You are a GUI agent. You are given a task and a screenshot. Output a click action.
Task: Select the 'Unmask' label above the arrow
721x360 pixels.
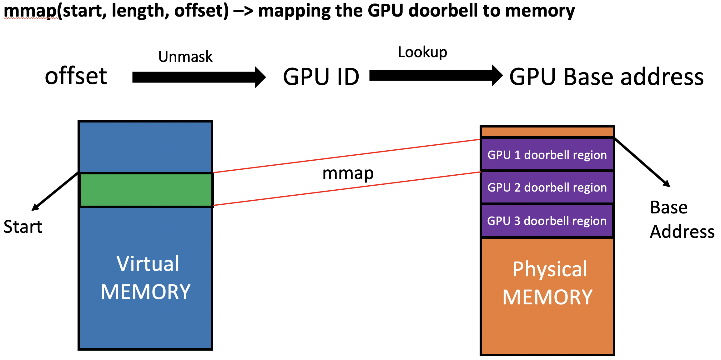pos(185,57)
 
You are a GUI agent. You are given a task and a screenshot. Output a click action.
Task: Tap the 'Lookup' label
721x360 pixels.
pos(422,52)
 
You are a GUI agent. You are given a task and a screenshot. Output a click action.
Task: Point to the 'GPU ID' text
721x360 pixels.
pos(321,77)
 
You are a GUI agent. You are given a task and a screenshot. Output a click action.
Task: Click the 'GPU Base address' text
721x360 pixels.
pos(606,77)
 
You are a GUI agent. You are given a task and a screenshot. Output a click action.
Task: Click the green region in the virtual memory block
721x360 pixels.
pos(146,190)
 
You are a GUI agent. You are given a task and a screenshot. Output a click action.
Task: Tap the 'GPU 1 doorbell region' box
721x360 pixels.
pos(547,155)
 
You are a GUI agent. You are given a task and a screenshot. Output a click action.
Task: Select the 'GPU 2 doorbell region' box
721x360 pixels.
pos(547,187)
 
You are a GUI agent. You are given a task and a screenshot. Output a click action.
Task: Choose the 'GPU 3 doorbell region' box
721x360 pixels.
pos(547,221)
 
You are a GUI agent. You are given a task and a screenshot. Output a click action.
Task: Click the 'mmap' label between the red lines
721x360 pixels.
pos(348,174)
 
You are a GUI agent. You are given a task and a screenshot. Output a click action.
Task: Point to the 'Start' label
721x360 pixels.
pos(23,227)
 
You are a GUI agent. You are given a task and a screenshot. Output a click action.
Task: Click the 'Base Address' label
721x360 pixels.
pos(682,219)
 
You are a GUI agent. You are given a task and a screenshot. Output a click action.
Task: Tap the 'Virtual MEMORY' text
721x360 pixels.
pos(146,277)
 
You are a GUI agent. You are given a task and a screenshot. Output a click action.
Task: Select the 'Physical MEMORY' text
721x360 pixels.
pos(548,283)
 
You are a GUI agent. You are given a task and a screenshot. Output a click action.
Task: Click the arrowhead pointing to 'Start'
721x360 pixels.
pos(35,207)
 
